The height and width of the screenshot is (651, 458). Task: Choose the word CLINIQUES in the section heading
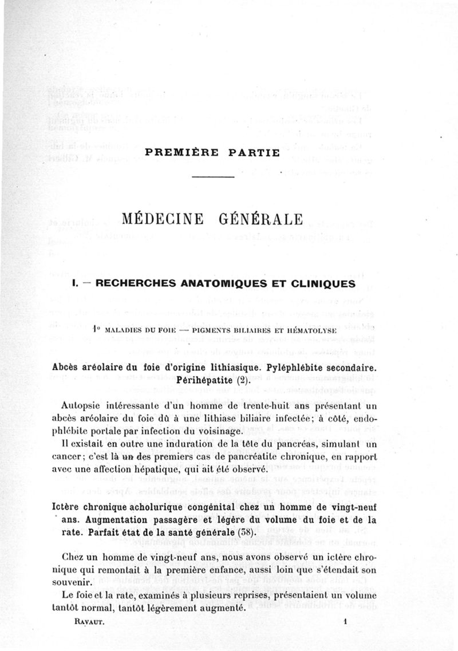coord(314,283)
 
